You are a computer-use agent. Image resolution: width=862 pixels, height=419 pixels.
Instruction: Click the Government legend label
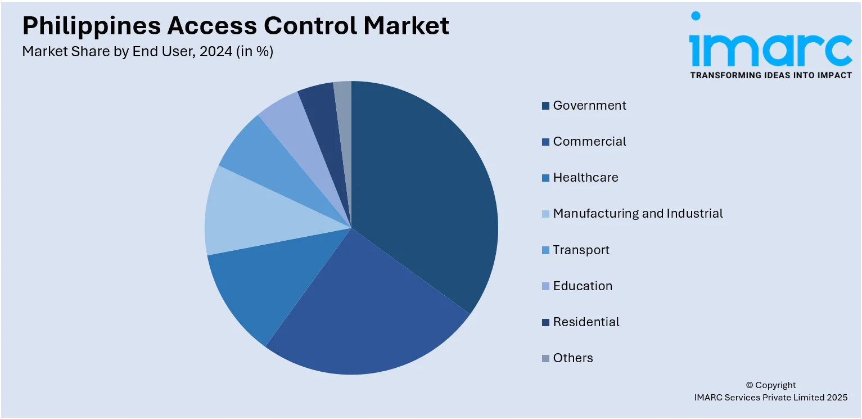[x=589, y=105]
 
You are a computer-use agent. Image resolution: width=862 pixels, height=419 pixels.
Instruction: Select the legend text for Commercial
[x=589, y=141]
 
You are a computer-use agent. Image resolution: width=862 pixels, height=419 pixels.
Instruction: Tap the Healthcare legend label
[x=585, y=177]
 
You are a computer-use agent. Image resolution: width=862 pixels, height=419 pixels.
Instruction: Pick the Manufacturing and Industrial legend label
[x=638, y=213]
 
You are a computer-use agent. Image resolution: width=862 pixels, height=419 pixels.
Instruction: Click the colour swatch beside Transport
[x=545, y=250]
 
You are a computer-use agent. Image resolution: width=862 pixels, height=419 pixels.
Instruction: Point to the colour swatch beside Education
[x=545, y=286]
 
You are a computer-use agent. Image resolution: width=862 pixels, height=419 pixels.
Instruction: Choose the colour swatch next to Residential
[x=545, y=322]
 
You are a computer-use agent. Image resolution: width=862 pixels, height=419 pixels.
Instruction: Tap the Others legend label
[x=573, y=358]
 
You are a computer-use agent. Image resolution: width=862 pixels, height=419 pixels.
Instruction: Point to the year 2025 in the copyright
[x=837, y=397]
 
